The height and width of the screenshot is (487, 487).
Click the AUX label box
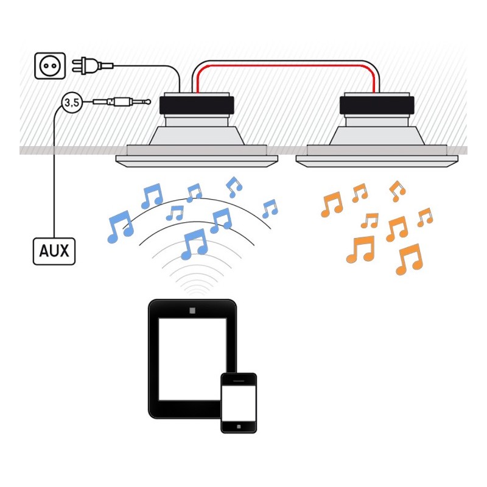54,251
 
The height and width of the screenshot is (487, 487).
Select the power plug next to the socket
86,65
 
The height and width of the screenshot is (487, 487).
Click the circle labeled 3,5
71,103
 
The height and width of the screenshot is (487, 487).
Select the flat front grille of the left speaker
197,159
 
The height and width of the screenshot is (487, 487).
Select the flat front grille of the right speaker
376,159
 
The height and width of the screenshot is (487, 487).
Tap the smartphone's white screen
238,402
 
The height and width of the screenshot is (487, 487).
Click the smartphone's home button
238,425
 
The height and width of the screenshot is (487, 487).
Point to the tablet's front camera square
192,311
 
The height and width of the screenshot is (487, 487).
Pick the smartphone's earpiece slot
238,380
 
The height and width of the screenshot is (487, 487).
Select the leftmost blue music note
119,226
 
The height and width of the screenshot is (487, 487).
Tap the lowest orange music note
408,259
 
